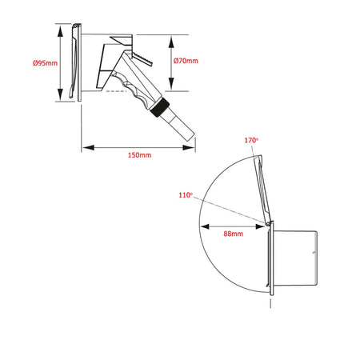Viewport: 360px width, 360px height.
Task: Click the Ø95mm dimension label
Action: (45, 63)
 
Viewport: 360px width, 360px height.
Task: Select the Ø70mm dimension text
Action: (186, 61)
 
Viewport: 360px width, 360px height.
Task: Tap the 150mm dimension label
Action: (139, 155)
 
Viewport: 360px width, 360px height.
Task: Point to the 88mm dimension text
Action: (234, 234)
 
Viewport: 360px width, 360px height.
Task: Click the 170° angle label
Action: (251, 140)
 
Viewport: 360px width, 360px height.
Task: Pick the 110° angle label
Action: (186, 195)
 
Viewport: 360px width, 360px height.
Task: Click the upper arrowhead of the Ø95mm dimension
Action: (61, 31)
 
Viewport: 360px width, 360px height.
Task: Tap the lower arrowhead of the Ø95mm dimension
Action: (61, 95)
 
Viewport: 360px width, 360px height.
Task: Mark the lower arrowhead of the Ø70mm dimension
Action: (171, 84)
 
